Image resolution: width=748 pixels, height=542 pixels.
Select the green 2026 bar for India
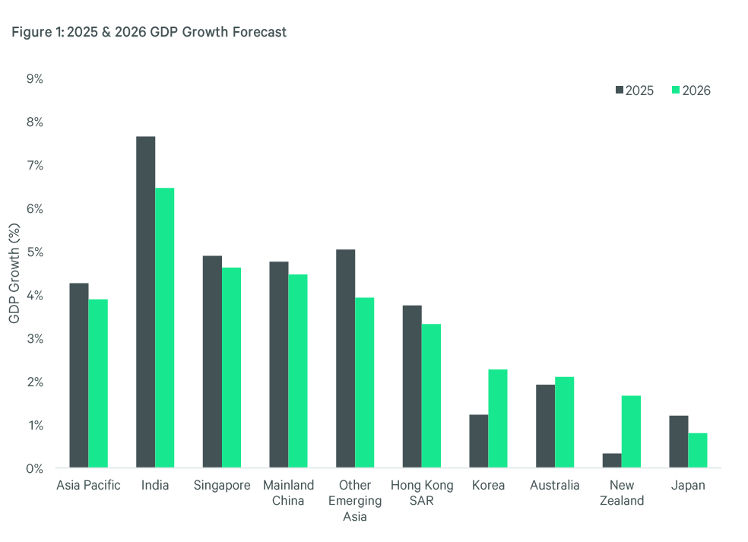[x=164, y=328]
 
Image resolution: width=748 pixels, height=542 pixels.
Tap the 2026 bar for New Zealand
[x=631, y=432]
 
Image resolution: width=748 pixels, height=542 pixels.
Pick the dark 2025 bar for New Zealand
[x=612, y=461]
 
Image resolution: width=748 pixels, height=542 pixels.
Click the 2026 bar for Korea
[x=498, y=419]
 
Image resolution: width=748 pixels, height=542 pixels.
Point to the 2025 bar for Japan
[x=679, y=442]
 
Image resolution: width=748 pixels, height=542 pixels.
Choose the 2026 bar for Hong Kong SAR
[x=431, y=396]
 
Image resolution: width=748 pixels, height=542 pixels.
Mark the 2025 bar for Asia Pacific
[x=78, y=376]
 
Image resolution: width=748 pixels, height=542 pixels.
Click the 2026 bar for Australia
[x=564, y=423]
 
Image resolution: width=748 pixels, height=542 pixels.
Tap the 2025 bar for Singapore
[x=212, y=362]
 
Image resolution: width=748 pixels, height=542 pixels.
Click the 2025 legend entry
[x=634, y=90]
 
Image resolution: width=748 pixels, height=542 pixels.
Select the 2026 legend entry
[x=691, y=90]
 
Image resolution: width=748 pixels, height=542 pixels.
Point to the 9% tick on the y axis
[x=34, y=79]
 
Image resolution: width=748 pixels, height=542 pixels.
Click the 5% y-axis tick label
[x=34, y=252]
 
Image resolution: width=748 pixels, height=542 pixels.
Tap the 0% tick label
[x=34, y=469]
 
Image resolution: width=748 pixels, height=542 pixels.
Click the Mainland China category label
[x=288, y=493]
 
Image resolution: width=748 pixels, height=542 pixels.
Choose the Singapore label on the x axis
[x=221, y=485]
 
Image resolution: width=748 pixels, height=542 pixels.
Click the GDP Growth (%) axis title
[x=14, y=274]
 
